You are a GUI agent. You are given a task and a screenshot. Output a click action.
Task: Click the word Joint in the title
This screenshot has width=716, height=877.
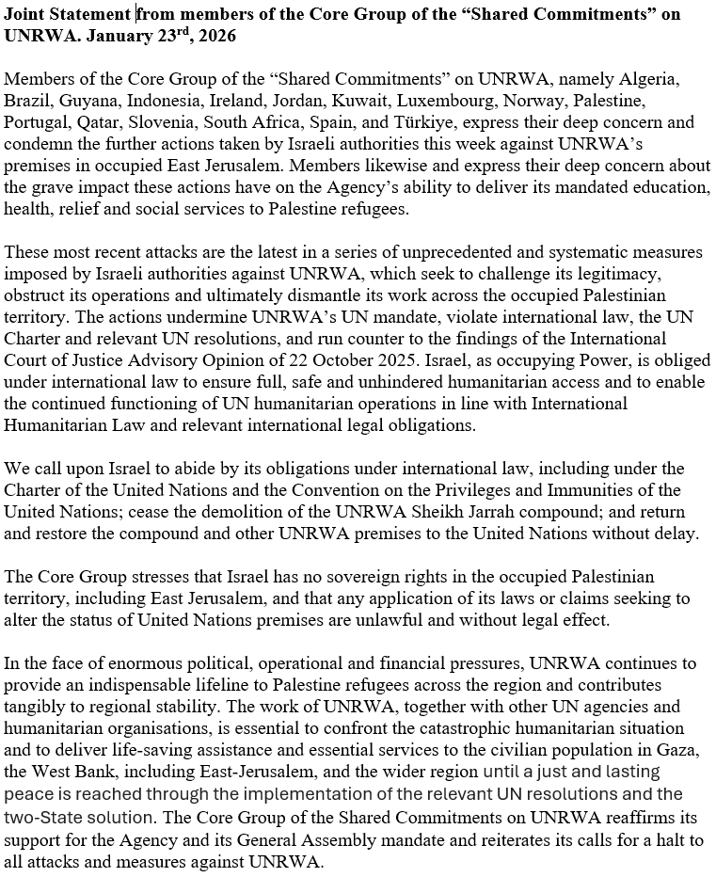26,14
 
